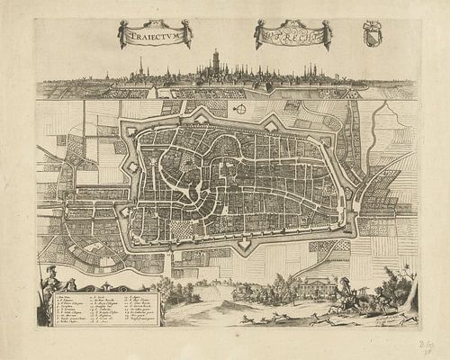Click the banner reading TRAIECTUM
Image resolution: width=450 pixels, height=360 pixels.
pyautogui.click(x=155, y=34)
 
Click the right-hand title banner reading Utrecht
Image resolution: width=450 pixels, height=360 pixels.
pyautogui.click(x=293, y=34)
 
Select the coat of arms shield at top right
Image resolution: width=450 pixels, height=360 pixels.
pyautogui.click(x=372, y=33)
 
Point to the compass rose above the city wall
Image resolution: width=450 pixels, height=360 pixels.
pyautogui.click(x=240, y=109)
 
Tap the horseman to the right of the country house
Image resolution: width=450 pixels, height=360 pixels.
pyautogui.click(x=346, y=288)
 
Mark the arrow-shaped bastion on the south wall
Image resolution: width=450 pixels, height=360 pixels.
pyautogui.click(x=244, y=242)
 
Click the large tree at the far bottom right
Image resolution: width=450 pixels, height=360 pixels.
pyautogui.click(x=402, y=286)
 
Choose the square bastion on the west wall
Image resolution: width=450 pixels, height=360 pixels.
pyautogui.click(x=132, y=167)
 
